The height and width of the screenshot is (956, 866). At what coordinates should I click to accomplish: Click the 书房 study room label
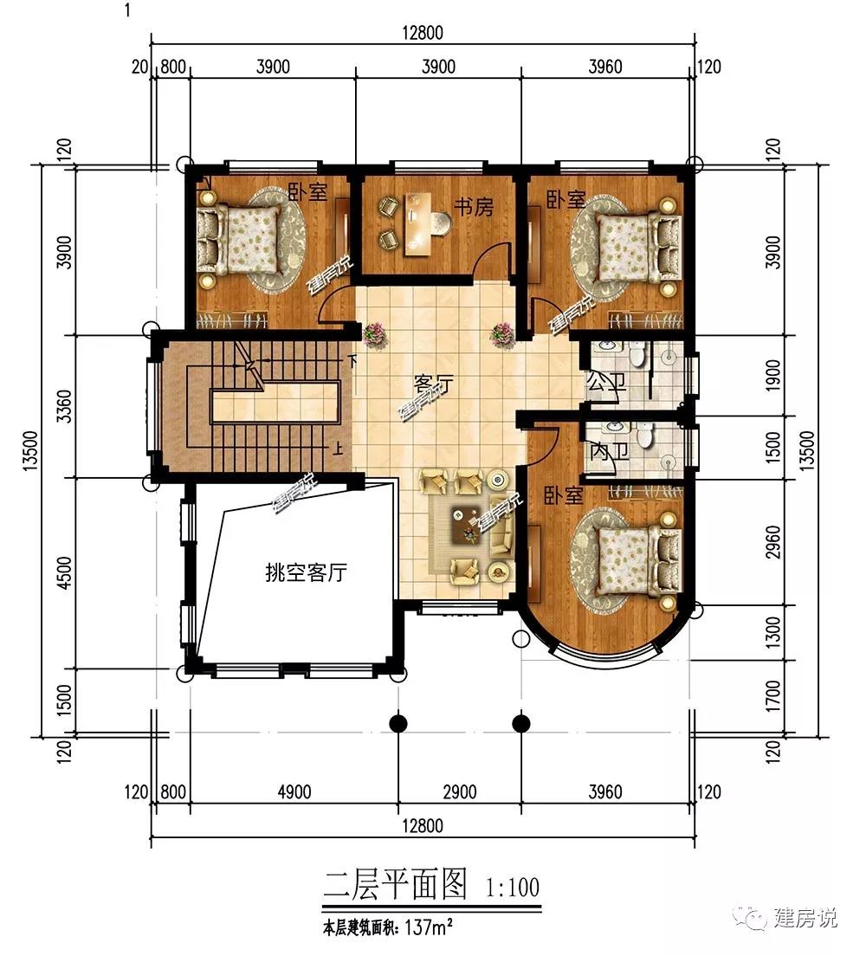click(473, 207)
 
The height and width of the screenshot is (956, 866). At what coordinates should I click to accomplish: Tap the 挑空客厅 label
click(307, 572)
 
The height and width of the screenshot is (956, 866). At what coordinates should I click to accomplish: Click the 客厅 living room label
click(433, 384)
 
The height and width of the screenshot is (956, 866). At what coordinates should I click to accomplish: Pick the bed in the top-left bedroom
click(240, 240)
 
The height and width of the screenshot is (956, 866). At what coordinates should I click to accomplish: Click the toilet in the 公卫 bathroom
click(637, 353)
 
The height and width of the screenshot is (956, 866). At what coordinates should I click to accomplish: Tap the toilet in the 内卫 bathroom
click(644, 435)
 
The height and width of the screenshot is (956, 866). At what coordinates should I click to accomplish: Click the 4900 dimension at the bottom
click(294, 792)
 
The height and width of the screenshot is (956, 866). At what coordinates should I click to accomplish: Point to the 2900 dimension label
click(459, 792)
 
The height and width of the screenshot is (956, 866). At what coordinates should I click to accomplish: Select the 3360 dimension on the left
click(64, 407)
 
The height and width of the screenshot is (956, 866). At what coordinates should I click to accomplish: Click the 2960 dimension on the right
click(772, 541)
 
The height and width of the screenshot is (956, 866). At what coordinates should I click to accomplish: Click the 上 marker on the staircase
click(337, 449)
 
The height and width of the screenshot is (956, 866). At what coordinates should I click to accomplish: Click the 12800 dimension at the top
click(422, 33)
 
